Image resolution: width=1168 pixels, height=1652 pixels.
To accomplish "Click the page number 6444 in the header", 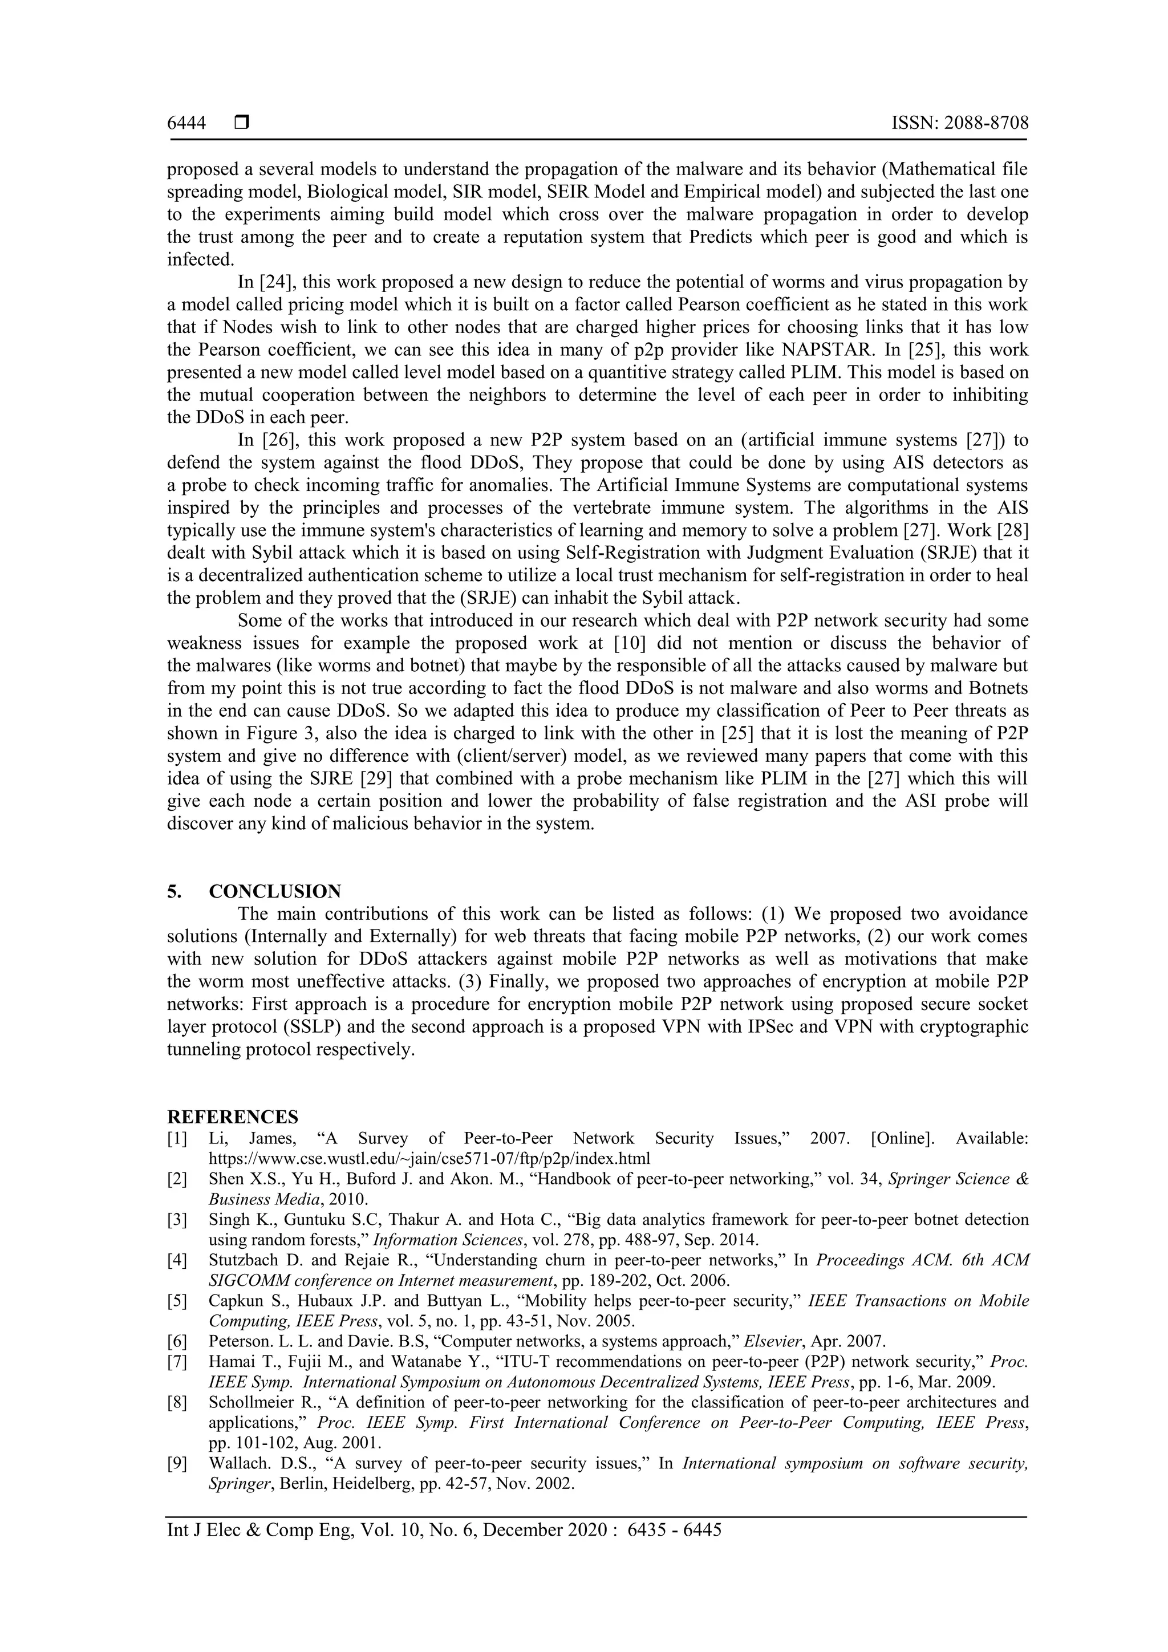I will point(186,123).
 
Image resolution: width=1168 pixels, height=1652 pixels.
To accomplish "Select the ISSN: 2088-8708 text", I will point(959,123).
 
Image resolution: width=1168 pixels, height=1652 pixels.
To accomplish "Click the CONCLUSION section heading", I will point(274,891).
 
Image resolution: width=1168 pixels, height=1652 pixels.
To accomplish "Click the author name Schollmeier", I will point(253,1402).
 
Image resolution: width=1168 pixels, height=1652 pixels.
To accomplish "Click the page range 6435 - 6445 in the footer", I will point(674,1530).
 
